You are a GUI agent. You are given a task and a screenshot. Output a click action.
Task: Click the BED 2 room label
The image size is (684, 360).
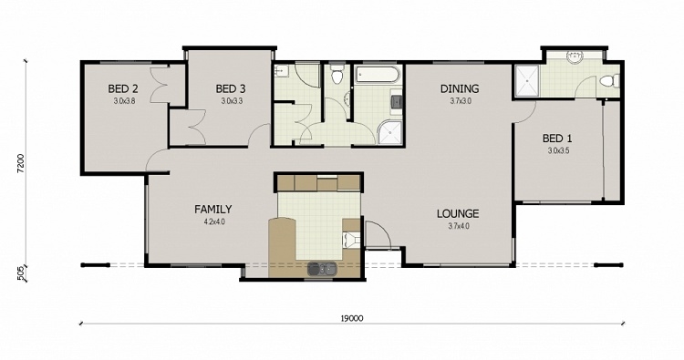123,88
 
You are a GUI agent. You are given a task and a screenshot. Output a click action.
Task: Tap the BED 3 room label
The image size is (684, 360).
231,88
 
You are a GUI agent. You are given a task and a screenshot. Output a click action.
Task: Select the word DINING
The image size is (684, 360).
460,88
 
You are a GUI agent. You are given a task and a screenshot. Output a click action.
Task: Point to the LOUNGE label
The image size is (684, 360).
457,214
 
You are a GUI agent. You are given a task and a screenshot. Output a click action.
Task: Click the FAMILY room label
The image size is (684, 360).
212,209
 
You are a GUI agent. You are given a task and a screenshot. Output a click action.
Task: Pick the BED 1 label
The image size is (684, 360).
557,139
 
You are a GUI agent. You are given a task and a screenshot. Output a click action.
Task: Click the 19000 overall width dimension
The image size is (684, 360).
353,318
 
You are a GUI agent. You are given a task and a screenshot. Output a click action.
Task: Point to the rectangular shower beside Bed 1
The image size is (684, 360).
527,82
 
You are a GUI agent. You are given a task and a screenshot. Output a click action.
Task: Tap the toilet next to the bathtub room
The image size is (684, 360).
337,75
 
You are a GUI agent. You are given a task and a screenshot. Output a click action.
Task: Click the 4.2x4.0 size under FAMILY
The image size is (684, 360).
212,221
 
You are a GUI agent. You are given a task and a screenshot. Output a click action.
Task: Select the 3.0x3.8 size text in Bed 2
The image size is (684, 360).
124,101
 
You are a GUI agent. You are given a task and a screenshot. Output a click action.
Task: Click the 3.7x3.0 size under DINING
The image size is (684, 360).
460,101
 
